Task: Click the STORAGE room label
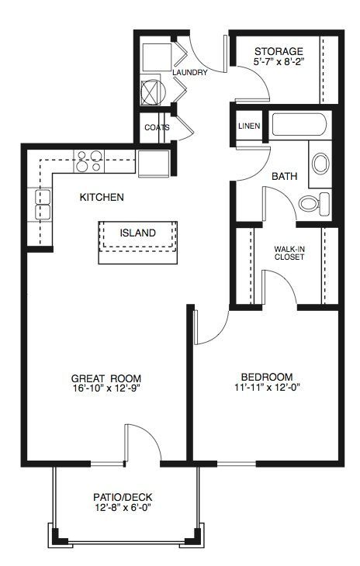[279, 51]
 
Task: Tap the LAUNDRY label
[190, 73]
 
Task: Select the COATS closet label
[157, 127]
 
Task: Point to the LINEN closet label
[249, 126]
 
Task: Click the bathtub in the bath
[299, 125]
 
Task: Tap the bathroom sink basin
[320, 164]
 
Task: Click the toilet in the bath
[313, 204]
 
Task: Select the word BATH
[284, 177]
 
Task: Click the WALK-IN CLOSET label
[289, 253]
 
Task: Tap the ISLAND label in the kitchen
[137, 233]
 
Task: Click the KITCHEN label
[102, 197]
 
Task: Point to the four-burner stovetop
[89, 161]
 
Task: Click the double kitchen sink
[43, 205]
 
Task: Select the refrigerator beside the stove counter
[154, 164]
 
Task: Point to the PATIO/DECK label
[123, 498]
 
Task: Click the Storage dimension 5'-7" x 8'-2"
[278, 61]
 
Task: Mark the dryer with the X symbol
[152, 92]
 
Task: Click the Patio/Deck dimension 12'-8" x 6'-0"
[123, 508]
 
